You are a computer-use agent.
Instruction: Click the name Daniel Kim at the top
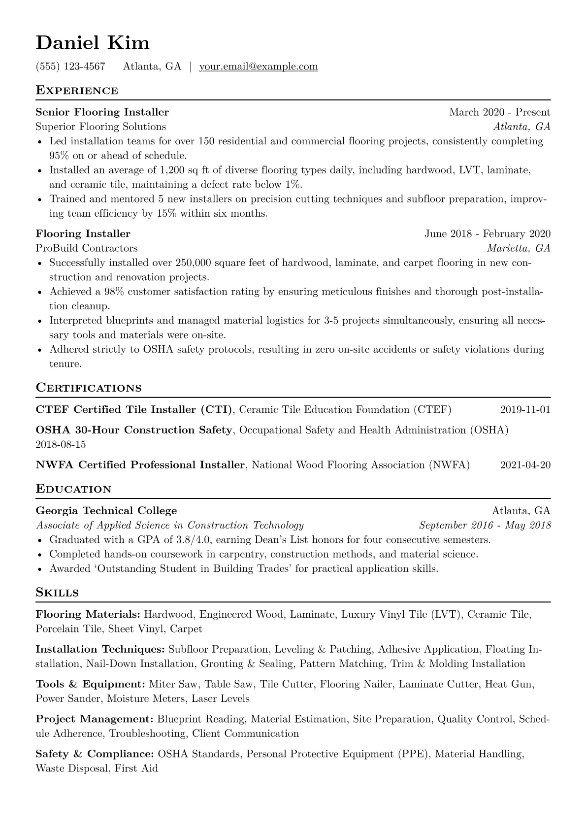pos(93,43)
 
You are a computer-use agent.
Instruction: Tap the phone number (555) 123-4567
pos(70,66)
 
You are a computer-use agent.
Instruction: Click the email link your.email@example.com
pos(259,66)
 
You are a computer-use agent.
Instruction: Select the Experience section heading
pos(77,91)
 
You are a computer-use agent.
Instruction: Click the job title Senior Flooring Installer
pos(102,112)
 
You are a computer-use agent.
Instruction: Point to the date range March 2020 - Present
pos(499,112)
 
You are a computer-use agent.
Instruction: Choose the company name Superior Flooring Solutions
pos(101,127)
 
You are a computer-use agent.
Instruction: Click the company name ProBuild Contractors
pos(87,248)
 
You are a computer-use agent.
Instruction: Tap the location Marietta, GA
pos(519,248)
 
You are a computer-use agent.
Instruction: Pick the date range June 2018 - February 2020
pos(488,234)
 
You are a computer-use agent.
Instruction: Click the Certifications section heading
pos(89,388)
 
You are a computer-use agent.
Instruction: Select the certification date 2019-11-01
pos(525,410)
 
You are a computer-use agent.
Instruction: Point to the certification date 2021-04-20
pos(525,465)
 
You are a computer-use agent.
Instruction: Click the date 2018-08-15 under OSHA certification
pos(61,445)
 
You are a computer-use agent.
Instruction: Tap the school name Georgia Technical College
pos(106,511)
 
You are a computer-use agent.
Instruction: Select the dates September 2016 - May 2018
pos(485,525)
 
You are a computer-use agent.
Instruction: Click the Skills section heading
pos(57,593)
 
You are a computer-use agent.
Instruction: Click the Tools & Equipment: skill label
pos(90,685)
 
